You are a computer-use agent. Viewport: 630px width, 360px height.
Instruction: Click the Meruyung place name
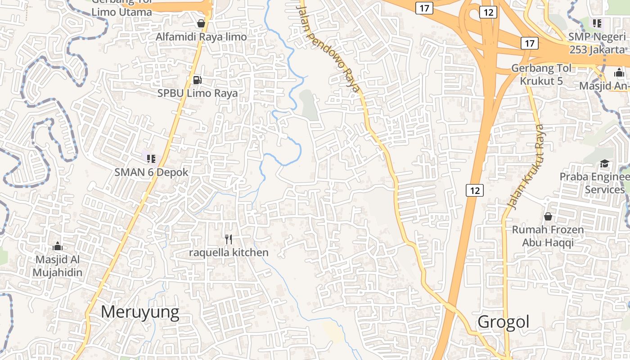pos(140,312)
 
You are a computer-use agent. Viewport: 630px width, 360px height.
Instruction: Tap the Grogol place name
pos(504,322)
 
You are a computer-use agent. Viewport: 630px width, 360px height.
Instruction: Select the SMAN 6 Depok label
pos(151,172)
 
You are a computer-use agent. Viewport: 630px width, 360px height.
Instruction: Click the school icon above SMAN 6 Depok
pos(151,158)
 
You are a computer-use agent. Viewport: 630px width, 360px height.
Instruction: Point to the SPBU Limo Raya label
pos(197,93)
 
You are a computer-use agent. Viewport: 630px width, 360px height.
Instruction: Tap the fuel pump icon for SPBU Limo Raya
pos(197,80)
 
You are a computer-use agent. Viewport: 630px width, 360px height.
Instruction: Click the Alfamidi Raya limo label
pos(201,37)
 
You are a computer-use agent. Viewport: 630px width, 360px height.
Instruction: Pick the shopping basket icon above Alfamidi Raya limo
pos(201,23)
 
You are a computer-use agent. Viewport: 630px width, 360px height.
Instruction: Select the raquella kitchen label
pos(229,252)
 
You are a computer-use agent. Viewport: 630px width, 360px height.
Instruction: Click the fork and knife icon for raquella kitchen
pos(229,239)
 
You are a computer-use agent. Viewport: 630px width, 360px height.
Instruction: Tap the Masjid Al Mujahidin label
pos(57,266)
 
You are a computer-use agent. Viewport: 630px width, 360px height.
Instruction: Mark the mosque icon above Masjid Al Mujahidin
pos(57,246)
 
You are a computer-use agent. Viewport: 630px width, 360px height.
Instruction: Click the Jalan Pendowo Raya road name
pos(330,47)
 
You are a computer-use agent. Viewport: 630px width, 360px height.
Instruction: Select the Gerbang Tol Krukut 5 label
pos(541,74)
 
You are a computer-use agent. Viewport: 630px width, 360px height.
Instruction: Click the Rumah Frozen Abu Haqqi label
pos(548,236)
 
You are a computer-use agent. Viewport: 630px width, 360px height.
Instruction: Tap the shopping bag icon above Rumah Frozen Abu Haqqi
pos(548,216)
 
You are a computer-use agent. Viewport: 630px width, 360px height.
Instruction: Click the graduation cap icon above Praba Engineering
pos(604,163)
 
